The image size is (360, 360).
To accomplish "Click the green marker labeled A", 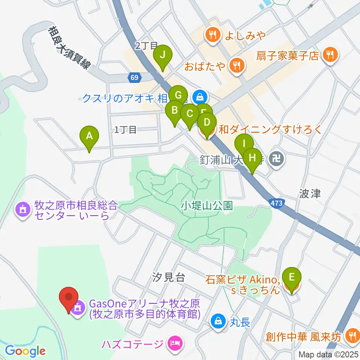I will [89, 136].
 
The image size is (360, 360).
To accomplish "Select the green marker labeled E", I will [294, 278].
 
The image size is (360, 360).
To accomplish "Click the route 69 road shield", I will [134, 77].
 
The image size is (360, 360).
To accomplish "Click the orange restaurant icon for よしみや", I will [213, 35].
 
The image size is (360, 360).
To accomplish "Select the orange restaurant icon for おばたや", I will [237, 66].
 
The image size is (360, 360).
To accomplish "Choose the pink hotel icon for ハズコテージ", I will [175, 343].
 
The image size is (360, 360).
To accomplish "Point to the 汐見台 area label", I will [169, 277].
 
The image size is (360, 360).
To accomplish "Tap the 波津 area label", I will [310, 193].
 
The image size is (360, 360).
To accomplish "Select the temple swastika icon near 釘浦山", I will [278, 159].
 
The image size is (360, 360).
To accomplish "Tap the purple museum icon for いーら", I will [23, 210].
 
